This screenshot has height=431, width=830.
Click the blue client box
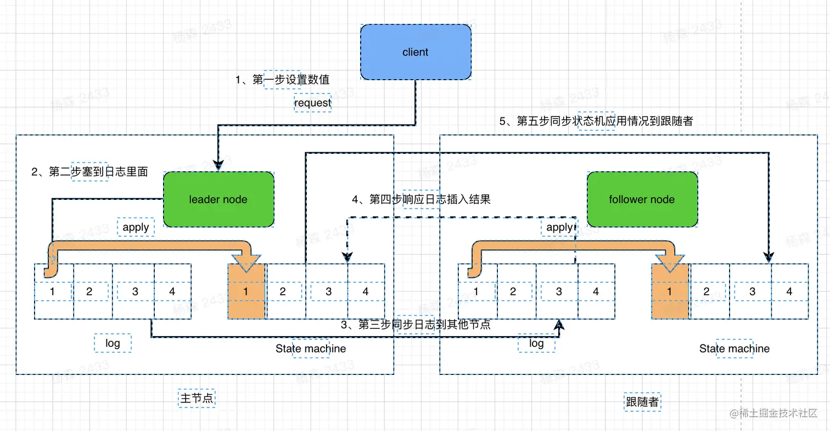point(415,52)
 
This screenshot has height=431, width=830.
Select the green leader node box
point(218,199)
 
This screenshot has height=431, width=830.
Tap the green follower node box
point(642,199)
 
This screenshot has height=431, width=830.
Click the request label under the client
point(312,103)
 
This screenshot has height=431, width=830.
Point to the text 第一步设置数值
point(283,80)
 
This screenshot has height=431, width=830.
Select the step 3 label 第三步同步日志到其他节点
point(416,324)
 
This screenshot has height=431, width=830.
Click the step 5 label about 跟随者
point(596,121)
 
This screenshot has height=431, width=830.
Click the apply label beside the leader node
point(136,226)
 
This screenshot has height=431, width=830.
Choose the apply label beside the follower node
point(559,227)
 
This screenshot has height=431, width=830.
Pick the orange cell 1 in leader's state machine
point(246,292)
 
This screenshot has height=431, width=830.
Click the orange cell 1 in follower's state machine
point(669,292)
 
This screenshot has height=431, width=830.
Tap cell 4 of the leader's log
point(172,292)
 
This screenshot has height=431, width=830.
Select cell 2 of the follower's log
point(513,292)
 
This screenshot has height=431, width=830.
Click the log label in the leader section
point(113,343)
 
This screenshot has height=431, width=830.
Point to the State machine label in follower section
point(734,349)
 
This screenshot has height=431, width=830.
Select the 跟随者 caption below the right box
point(642,402)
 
